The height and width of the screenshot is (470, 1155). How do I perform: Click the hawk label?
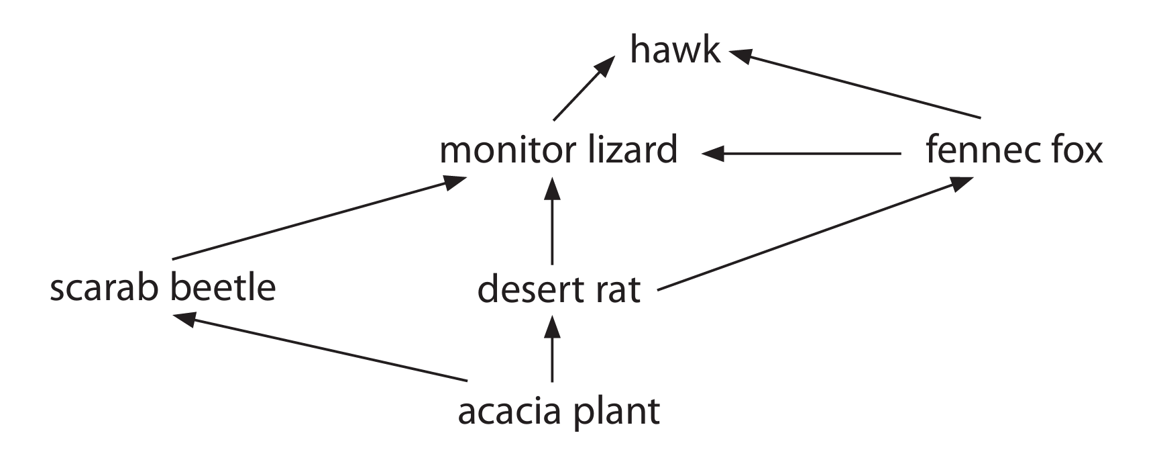click(675, 50)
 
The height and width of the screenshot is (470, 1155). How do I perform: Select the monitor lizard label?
click(558, 150)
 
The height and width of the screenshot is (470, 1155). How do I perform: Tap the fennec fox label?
click(1013, 150)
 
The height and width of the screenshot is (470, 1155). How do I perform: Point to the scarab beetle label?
click(163, 288)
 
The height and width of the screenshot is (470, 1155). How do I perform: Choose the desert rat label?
click(559, 290)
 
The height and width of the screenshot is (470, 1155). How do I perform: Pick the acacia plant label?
click(559, 411)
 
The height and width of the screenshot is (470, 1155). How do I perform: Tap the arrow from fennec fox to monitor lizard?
click(802, 154)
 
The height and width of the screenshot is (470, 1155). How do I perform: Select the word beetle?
click(222, 288)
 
